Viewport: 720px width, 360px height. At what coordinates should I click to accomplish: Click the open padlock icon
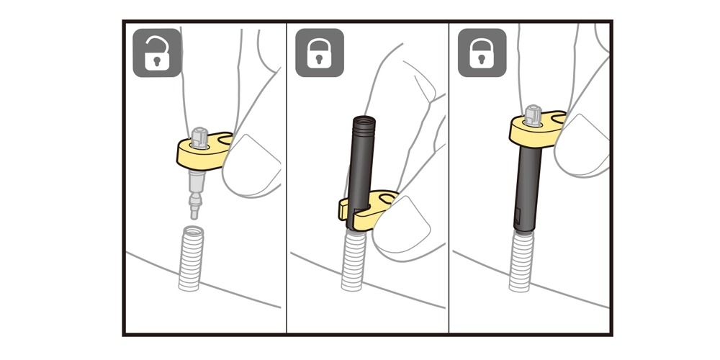pos(157,53)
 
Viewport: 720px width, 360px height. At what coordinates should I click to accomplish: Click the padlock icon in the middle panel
pos(320,53)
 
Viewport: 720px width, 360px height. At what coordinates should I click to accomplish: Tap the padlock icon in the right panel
pos(482,53)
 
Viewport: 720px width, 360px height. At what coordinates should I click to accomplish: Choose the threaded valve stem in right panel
pos(520,263)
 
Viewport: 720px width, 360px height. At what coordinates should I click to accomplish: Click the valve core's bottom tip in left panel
pos(192,212)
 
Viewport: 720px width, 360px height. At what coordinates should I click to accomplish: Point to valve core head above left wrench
pos(199,135)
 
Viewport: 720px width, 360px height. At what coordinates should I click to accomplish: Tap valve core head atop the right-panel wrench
pos(534,113)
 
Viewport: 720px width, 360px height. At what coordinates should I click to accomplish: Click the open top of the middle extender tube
pos(362,117)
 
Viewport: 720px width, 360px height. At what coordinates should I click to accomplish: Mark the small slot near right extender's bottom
pos(518,215)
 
